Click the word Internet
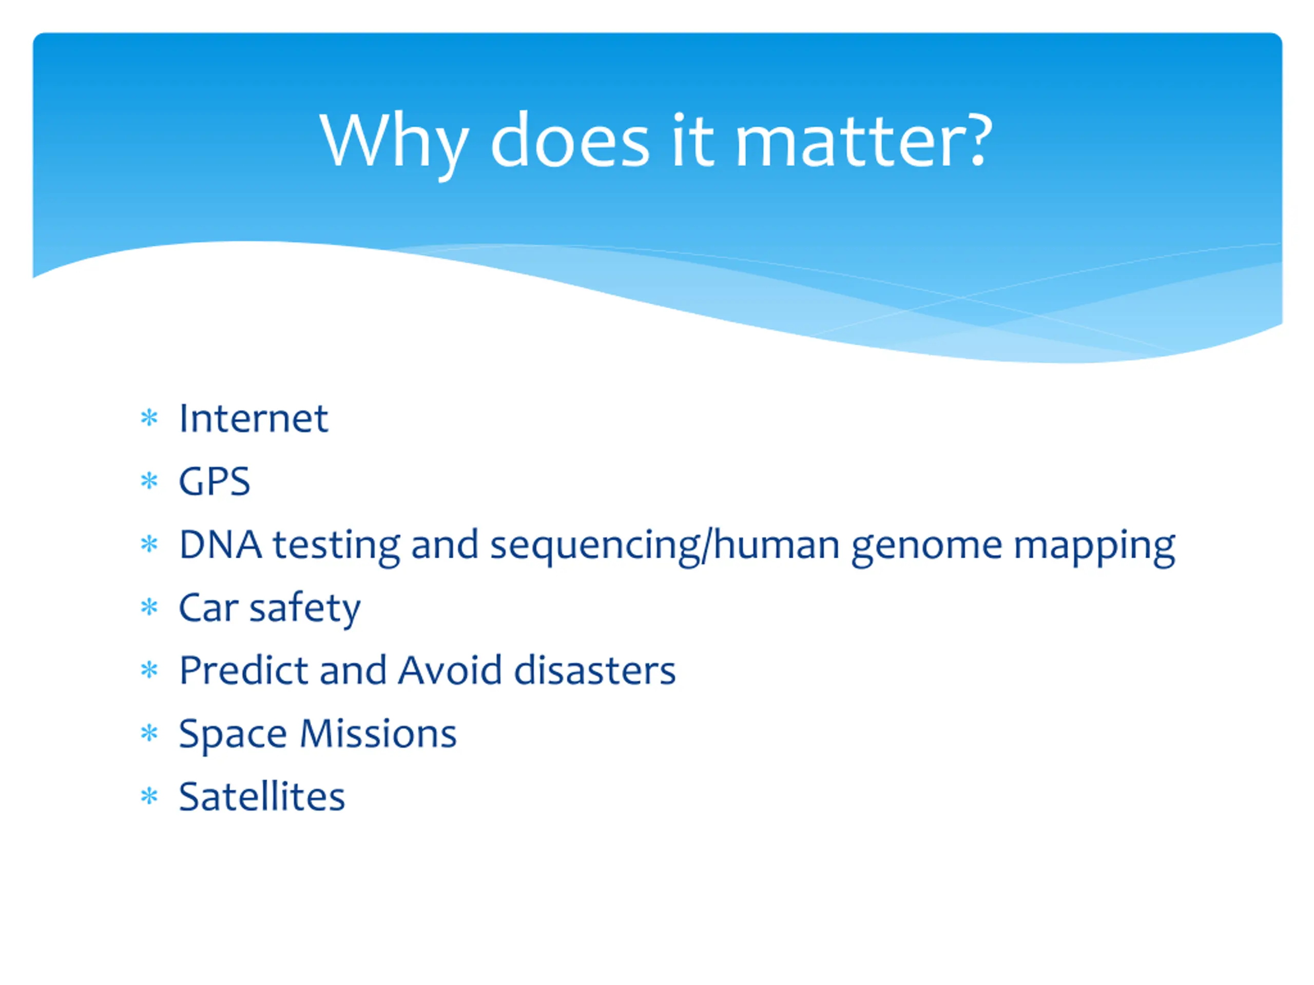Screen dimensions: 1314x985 (253, 419)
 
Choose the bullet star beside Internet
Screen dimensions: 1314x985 (149, 418)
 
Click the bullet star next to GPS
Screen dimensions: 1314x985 (149, 481)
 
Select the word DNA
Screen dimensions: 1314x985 (220, 544)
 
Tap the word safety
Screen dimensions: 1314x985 (305, 609)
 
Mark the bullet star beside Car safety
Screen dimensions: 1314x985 (149, 607)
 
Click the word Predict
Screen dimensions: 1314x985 (244, 671)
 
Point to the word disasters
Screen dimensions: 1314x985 (594, 671)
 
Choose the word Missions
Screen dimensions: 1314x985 (378, 733)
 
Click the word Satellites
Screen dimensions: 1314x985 (262, 796)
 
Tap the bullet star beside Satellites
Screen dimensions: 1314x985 (149, 796)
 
